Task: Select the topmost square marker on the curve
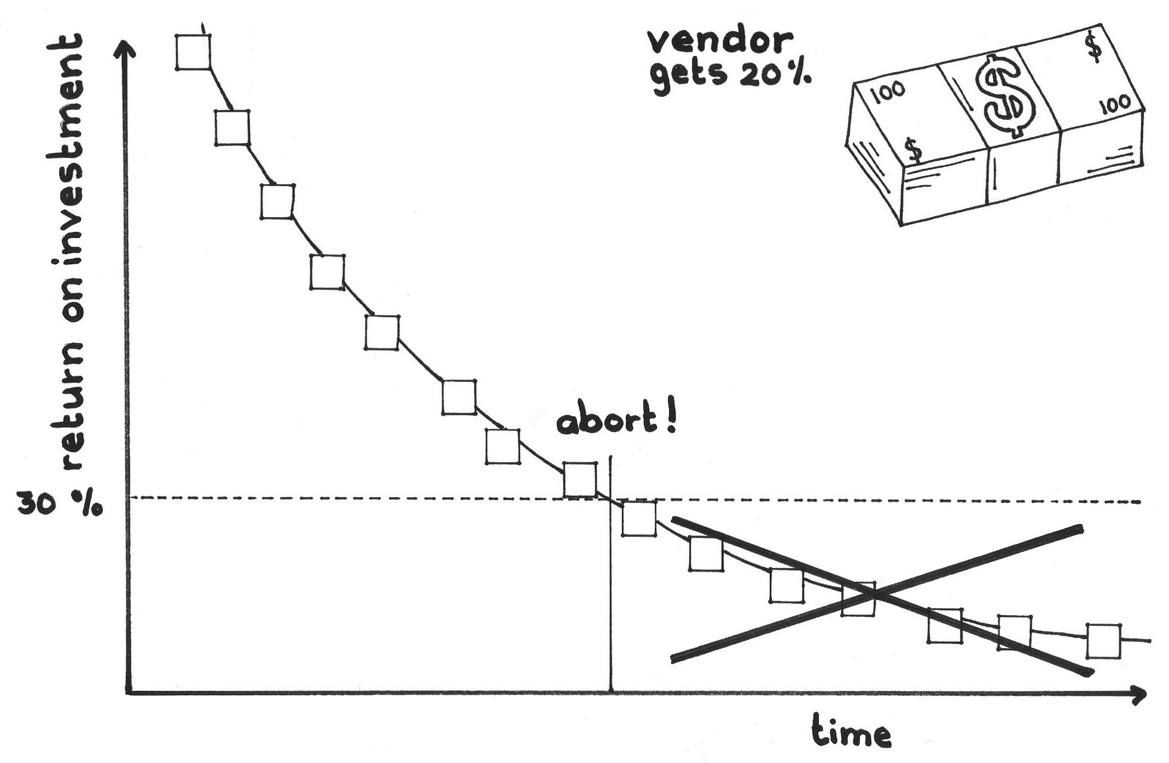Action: pyautogui.click(x=194, y=52)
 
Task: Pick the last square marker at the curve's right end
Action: pyautogui.click(x=1103, y=640)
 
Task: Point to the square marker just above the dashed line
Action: pyautogui.click(x=580, y=480)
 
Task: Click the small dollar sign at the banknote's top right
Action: pyautogui.click(x=1094, y=49)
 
